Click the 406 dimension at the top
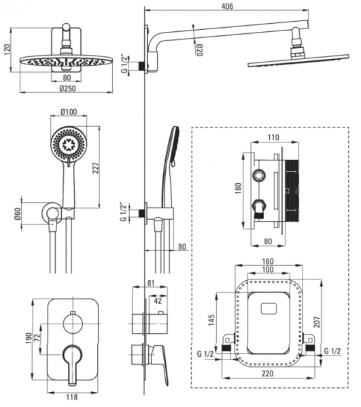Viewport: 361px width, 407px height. pyautogui.click(x=227, y=6)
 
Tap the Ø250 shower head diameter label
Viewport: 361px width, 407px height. pyautogui.click(x=67, y=88)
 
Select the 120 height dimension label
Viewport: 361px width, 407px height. pyautogui.click(x=7, y=50)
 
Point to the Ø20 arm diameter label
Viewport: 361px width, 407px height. pyautogui.click(x=199, y=50)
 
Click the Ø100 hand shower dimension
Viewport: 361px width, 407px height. pyautogui.click(x=69, y=112)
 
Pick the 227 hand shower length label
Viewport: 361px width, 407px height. pyautogui.click(x=96, y=168)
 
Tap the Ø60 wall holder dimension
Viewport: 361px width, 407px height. pyautogui.click(x=18, y=214)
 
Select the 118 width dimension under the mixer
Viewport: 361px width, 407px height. pyautogui.click(x=72, y=397)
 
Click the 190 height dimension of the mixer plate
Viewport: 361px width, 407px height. pyautogui.click(x=29, y=338)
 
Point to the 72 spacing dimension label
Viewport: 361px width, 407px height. pyautogui.click(x=37, y=336)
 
